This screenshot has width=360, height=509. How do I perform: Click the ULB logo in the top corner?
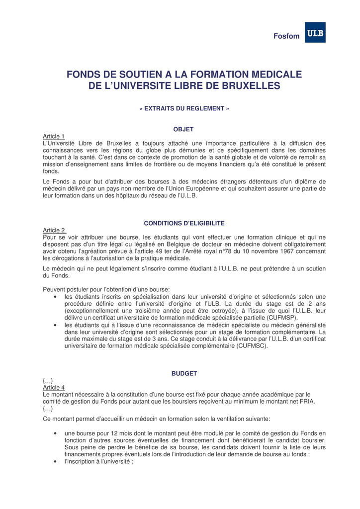[315, 33]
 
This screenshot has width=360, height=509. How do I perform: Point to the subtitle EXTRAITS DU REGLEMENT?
[184, 108]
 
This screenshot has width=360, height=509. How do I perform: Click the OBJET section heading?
[183, 129]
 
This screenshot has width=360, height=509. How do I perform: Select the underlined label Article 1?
[54, 136]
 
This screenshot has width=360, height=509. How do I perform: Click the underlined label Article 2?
[54, 230]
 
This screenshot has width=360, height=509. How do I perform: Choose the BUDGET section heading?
[184, 373]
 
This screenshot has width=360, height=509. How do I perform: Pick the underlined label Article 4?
[54, 387]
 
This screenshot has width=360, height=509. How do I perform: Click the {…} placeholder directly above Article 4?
[48, 380]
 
